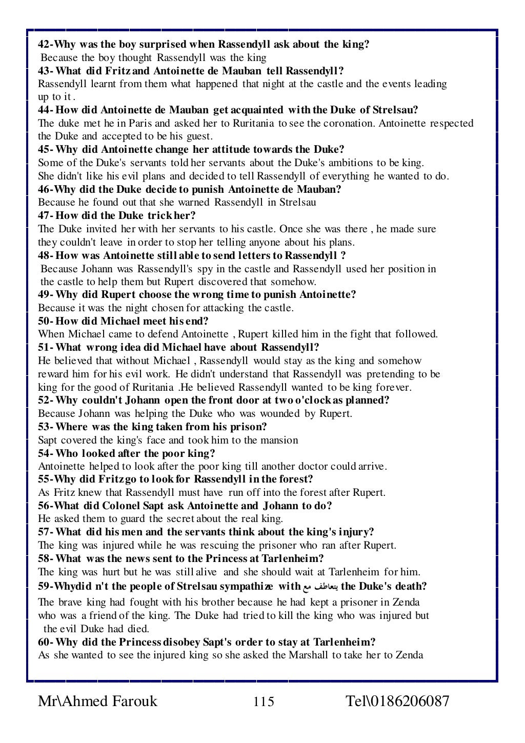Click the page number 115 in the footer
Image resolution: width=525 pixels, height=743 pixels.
click(x=264, y=701)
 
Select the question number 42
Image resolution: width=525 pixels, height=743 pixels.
click(x=45, y=44)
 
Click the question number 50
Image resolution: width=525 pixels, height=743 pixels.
click(x=45, y=322)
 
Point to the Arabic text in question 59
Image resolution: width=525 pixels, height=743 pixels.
click(x=320, y=587)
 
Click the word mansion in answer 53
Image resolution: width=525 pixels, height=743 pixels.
click(x=279, y=440)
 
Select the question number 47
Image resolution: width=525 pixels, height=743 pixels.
click(x=45, y=216)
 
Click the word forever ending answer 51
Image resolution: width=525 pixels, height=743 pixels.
click(x=393, y=387)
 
